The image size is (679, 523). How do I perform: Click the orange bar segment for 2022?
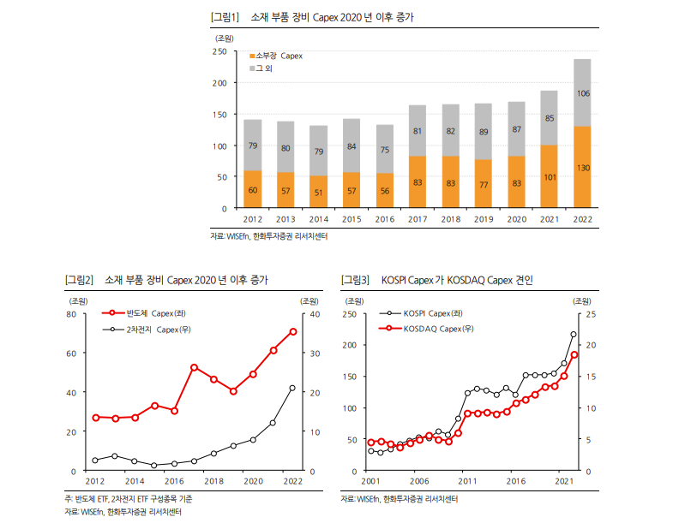click(582, 167)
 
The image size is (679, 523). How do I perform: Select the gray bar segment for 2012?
click(253, 145)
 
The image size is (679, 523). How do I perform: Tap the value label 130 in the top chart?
click(582, 168)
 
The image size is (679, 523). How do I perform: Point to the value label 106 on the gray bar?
click(582, 93)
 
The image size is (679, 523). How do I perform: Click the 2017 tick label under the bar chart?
click(418, 220)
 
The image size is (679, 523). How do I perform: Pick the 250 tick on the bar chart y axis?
click(219, 52)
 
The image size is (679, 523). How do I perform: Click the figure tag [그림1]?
click(225, 17)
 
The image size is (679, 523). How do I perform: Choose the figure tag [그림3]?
click(355, 280)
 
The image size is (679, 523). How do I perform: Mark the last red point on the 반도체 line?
click(293, 331)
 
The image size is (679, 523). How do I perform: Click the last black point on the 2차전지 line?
click(293, 389)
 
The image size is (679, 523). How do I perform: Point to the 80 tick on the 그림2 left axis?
click(70, 314)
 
